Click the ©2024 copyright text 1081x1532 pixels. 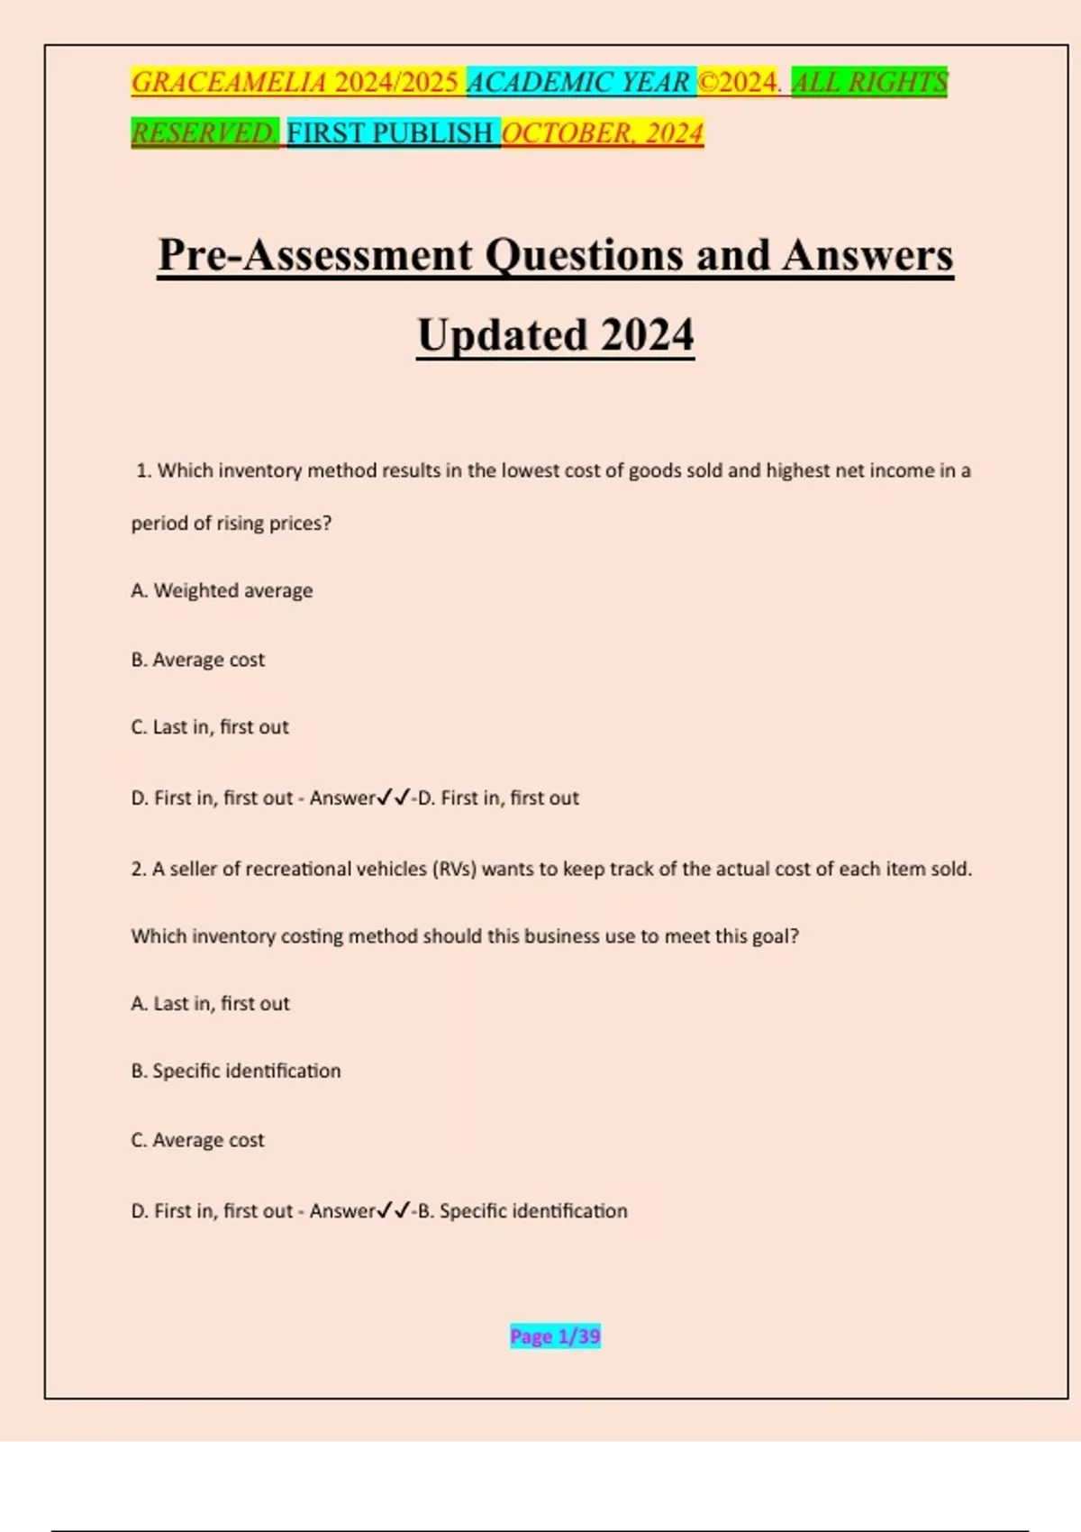[x=738, y=82]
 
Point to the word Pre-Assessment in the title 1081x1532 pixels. [x=314, y=255]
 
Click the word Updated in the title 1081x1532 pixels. [x=502, y=335]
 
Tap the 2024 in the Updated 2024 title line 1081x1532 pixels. [x=648, y=335]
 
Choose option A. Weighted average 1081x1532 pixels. [x=222, y=590]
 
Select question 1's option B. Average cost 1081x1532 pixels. [x=198, y=660]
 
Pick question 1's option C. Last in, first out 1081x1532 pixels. [x=210, y=727]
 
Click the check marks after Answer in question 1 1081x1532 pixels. [x=394, y=798]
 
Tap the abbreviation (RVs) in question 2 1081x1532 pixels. [x=454, y=869]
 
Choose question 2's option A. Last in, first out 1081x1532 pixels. [x=210, y=1003]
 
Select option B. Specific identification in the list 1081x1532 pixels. [x=236, y=1071]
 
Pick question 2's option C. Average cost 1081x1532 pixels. [x=198, y=1140]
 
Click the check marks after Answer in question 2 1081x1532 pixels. [x=394, y=1210]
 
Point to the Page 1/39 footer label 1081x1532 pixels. [x=555, y=1336]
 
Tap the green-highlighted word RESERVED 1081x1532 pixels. [x=204, y=133]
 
